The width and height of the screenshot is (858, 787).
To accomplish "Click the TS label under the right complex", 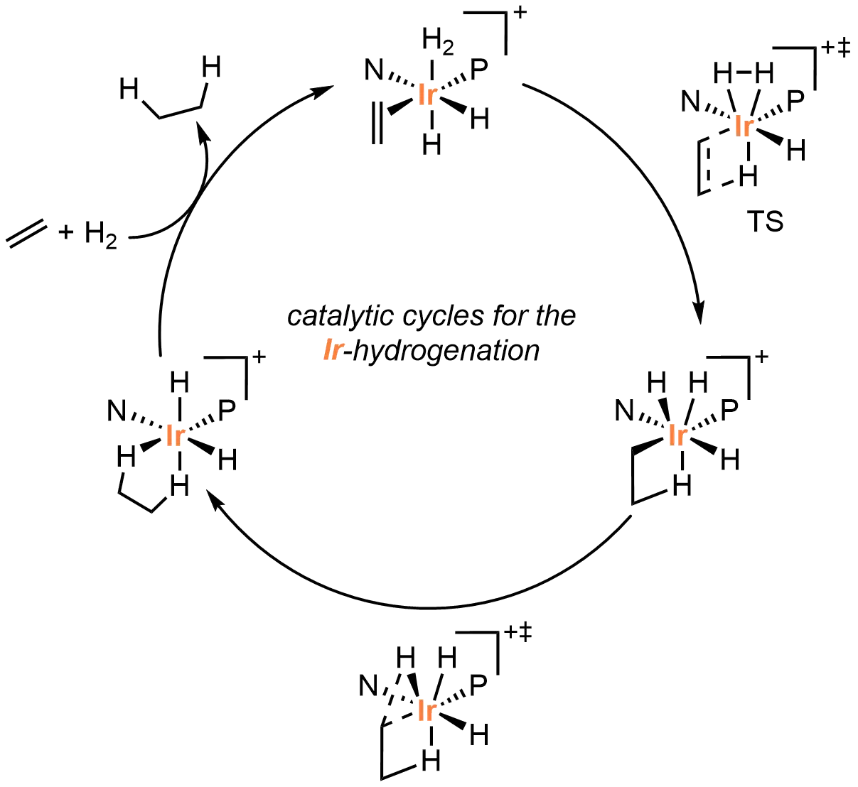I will click(x=766, y=222).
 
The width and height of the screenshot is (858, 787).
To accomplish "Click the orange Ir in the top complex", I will click(x=429, y=96).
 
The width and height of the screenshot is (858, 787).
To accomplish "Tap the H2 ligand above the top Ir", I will click(x=436, y=42).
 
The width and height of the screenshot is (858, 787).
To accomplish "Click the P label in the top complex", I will click(x=481, y=68).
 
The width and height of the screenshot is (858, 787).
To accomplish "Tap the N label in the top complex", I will click(x=375, y=70).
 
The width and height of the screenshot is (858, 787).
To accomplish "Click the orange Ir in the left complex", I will click(x=175, y=435).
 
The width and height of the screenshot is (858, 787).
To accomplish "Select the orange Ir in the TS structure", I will click(x=744, y=126).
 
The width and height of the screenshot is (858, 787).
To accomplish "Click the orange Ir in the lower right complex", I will click(x=677, y=435).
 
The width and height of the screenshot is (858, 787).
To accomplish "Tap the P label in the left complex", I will click(x=227, y=410).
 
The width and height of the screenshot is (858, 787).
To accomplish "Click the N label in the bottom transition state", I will click(x=368, y=685).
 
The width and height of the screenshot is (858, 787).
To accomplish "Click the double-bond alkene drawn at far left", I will click(x=27, y=236).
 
